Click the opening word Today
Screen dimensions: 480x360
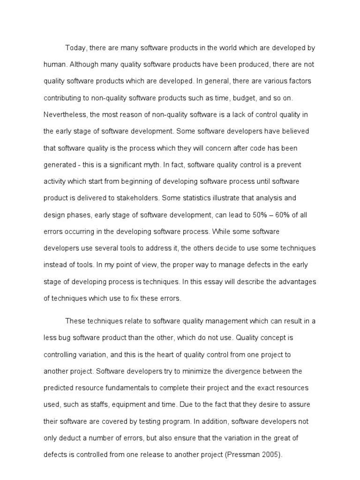(x=75, y=48)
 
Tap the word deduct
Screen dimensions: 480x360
(x=67, y=438)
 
